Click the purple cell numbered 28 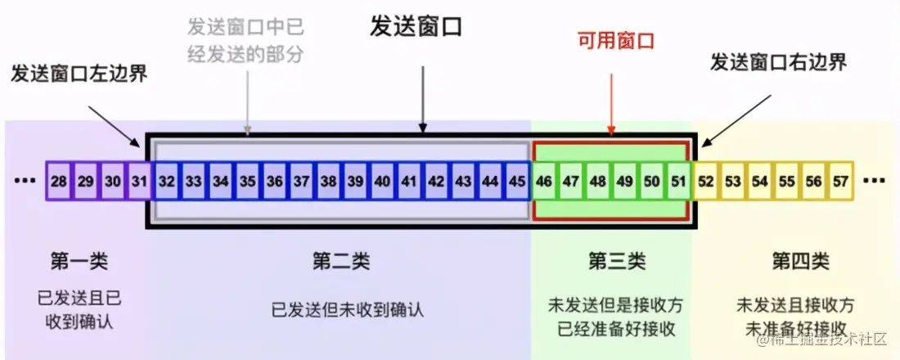pos(59,180)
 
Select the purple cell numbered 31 pos(140,180)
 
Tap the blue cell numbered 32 pos(168,180)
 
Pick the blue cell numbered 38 pos(329,180)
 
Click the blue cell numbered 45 pos(517,180)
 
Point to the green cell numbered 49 pos(625,180)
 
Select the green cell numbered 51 pos(678,180)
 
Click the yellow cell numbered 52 pos(706,180)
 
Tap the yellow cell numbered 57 pos(840,180)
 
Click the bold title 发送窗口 pos(416,26)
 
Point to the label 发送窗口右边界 pos(778,61)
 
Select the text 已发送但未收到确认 pos(348,310)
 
